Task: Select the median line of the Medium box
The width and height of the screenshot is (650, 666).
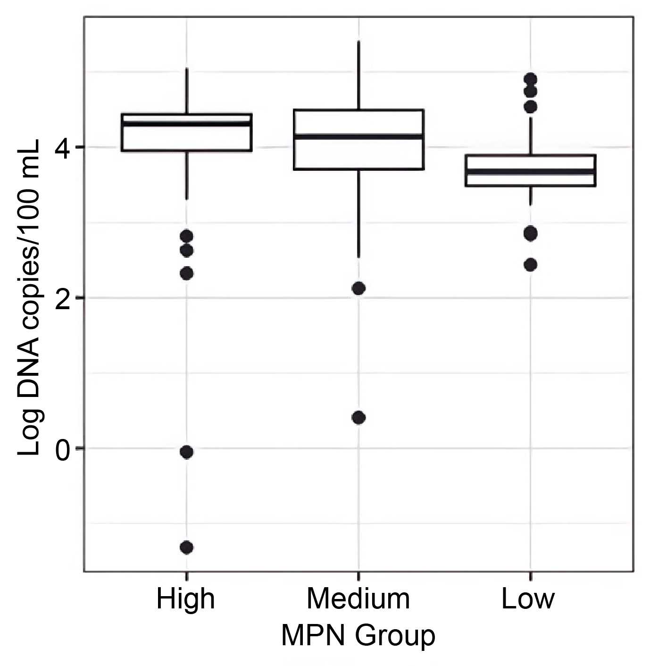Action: coord(358,136)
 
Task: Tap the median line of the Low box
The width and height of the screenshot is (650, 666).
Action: coord(531,171)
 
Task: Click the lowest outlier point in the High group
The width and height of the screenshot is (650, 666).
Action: coord(187,548)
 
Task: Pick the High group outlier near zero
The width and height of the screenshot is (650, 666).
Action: coord(187,452)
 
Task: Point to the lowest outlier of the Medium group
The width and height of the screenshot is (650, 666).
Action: coord(358,418)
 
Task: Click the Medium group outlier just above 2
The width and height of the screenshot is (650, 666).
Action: coord(358,288)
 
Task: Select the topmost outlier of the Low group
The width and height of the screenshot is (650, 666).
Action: coord(531,79)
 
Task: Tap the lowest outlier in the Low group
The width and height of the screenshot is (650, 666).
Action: coord(531,264)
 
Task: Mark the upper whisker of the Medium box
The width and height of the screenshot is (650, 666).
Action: coord(358,76)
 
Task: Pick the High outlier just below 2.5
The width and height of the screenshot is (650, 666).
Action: coord(187,273)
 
